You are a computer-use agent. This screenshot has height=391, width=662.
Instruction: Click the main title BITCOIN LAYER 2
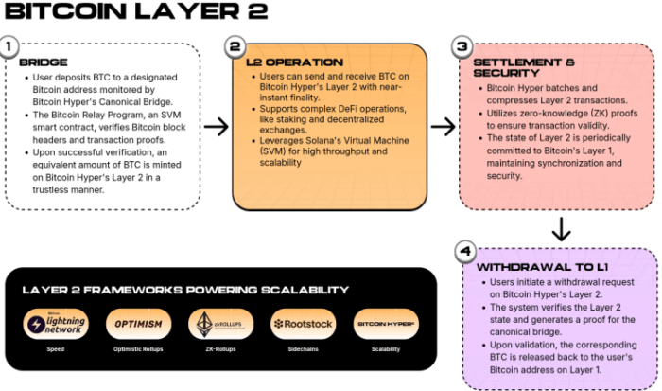pos(135,12)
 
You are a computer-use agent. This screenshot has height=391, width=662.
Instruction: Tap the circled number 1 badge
pos(10,46)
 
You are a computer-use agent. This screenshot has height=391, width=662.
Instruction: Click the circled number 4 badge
pos(464,251)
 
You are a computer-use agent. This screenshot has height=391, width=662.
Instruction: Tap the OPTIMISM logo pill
pos(138,324)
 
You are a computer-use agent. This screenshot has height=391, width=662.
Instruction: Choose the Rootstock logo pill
pos(303,324)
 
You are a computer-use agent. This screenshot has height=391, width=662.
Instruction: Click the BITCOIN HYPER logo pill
pos(385,324)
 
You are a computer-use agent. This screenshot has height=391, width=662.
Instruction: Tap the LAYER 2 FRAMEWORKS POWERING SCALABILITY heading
pos(185,290)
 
